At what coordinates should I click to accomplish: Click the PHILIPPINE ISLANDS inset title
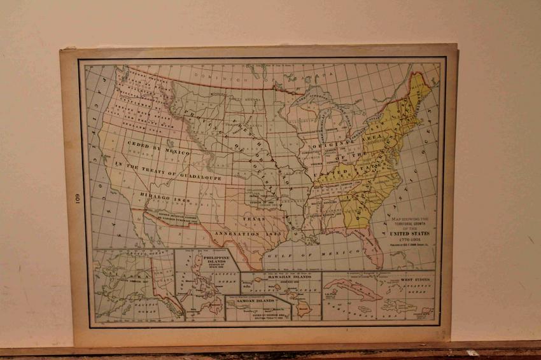(x=209, y=261)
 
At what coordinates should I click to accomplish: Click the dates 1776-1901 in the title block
(x=405, y=241)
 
